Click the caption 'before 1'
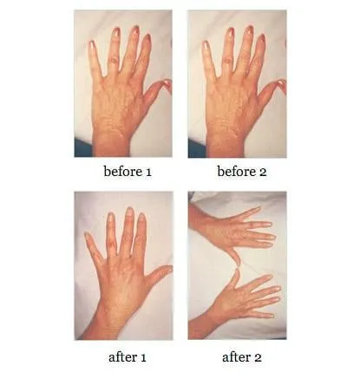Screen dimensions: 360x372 pyautogui.click(x=128, y=172)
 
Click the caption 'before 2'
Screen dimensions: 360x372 pyautogui.click(x=242, y=172)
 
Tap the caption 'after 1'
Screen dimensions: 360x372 pyautogui.click(x=128, y=357)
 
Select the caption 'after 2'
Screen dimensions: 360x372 pyautogui.click(x=242, y=357)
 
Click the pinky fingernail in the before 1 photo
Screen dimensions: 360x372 pyautogui.click(x=92, y=44)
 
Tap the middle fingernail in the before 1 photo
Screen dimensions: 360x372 pyautogui.click(x=135, y=29)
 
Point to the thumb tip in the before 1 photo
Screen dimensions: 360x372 pyautogui.click(x=167, y=82)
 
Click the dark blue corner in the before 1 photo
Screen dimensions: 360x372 pyautogui.click(x=82, y=148)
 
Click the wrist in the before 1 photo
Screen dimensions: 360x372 pyautogui.click(x=111, y=146)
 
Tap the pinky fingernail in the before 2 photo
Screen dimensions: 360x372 pyautogui.click(x=206, y=45)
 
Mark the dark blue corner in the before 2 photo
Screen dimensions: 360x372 pyautogui.click(x=197, y=148)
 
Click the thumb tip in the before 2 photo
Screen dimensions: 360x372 pyautogui.click(x=282, y=83)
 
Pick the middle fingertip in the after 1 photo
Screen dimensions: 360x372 pyautogui.click(x=129, y=212)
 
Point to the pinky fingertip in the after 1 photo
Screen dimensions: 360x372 pyautogui.click(x=88, y=236)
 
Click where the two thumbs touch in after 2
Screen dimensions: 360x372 pyautogui.click(x=238, y=267)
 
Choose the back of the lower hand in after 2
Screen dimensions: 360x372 pyautogui.click(x=232, y=302)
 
